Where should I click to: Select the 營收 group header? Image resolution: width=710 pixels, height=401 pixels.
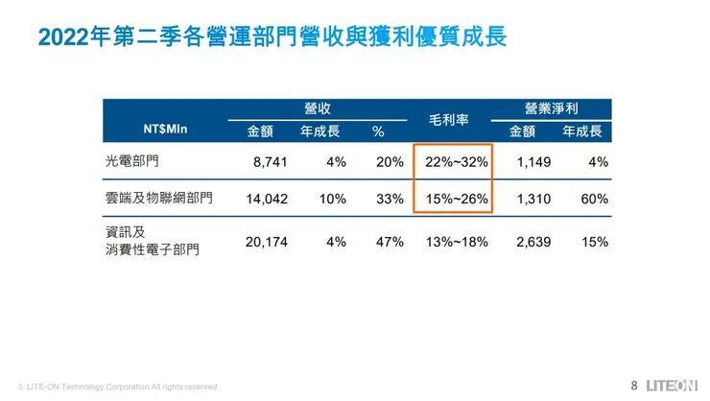click(x=318, y=110)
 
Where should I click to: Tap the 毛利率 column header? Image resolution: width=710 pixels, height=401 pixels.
click(x=451, y=121)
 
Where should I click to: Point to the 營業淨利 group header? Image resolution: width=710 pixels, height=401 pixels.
click(x=552, y=110)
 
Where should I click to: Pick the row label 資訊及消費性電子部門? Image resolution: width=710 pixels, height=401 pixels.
click(x=153, y=241)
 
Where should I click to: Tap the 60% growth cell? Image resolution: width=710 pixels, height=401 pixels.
click(x=595, y=199)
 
